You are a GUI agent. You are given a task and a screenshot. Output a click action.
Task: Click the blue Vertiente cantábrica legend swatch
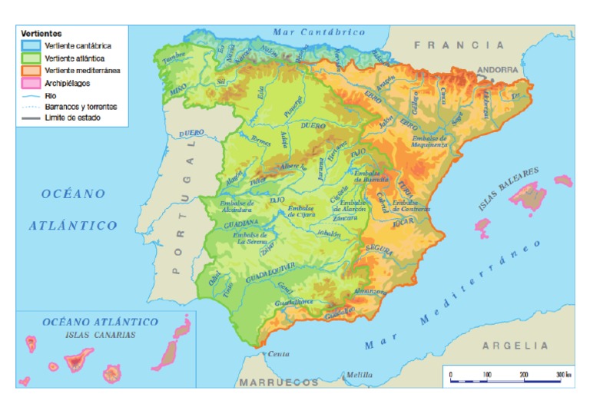tap(31, 46)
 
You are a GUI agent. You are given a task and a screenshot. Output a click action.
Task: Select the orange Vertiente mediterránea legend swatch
tap(31, 70)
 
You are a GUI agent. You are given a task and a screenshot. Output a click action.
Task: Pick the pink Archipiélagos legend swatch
tap(31, 82)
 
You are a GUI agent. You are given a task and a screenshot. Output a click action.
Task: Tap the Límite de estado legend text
tap(73, 117)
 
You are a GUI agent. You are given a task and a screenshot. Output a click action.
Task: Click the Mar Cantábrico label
tap(319, 32)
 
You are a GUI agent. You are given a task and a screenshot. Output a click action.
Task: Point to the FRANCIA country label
tap(449, 45)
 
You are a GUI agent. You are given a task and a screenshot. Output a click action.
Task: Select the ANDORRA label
tap(498, 69)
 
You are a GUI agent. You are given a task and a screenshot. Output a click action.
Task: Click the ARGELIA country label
tap(515, 346)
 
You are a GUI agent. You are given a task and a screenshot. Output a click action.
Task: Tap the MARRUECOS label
tap(279, 382)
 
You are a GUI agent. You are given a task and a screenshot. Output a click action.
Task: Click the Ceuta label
tap(278, 354)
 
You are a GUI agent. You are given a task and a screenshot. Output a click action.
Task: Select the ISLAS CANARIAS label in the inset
tap(101, 335)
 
